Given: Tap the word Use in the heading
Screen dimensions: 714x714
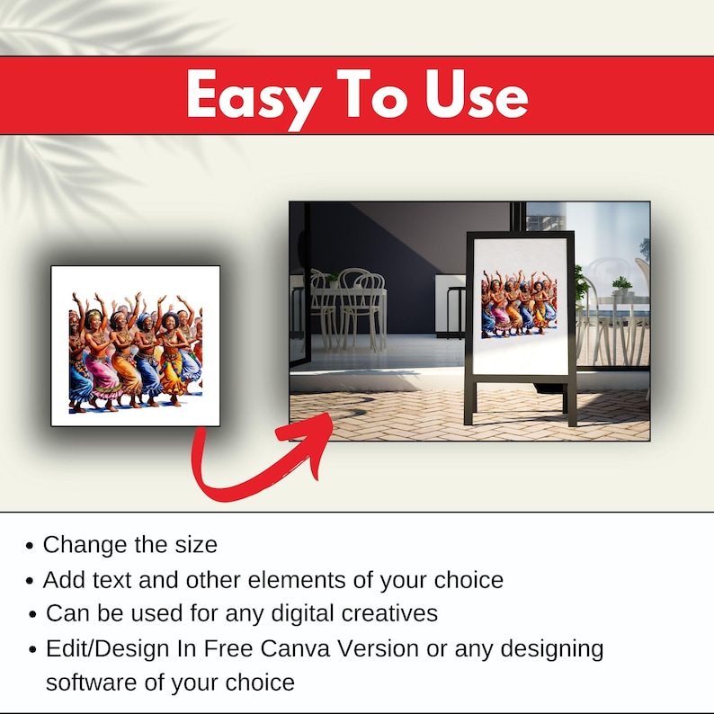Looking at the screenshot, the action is point(476,94).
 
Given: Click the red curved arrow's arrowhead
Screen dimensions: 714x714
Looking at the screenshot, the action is point(309,437).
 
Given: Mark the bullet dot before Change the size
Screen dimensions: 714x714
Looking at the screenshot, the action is point(30,545).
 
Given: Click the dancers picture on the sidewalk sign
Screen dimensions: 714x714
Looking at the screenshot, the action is point(519,302).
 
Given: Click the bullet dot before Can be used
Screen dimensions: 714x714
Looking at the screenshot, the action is point(32,614).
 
